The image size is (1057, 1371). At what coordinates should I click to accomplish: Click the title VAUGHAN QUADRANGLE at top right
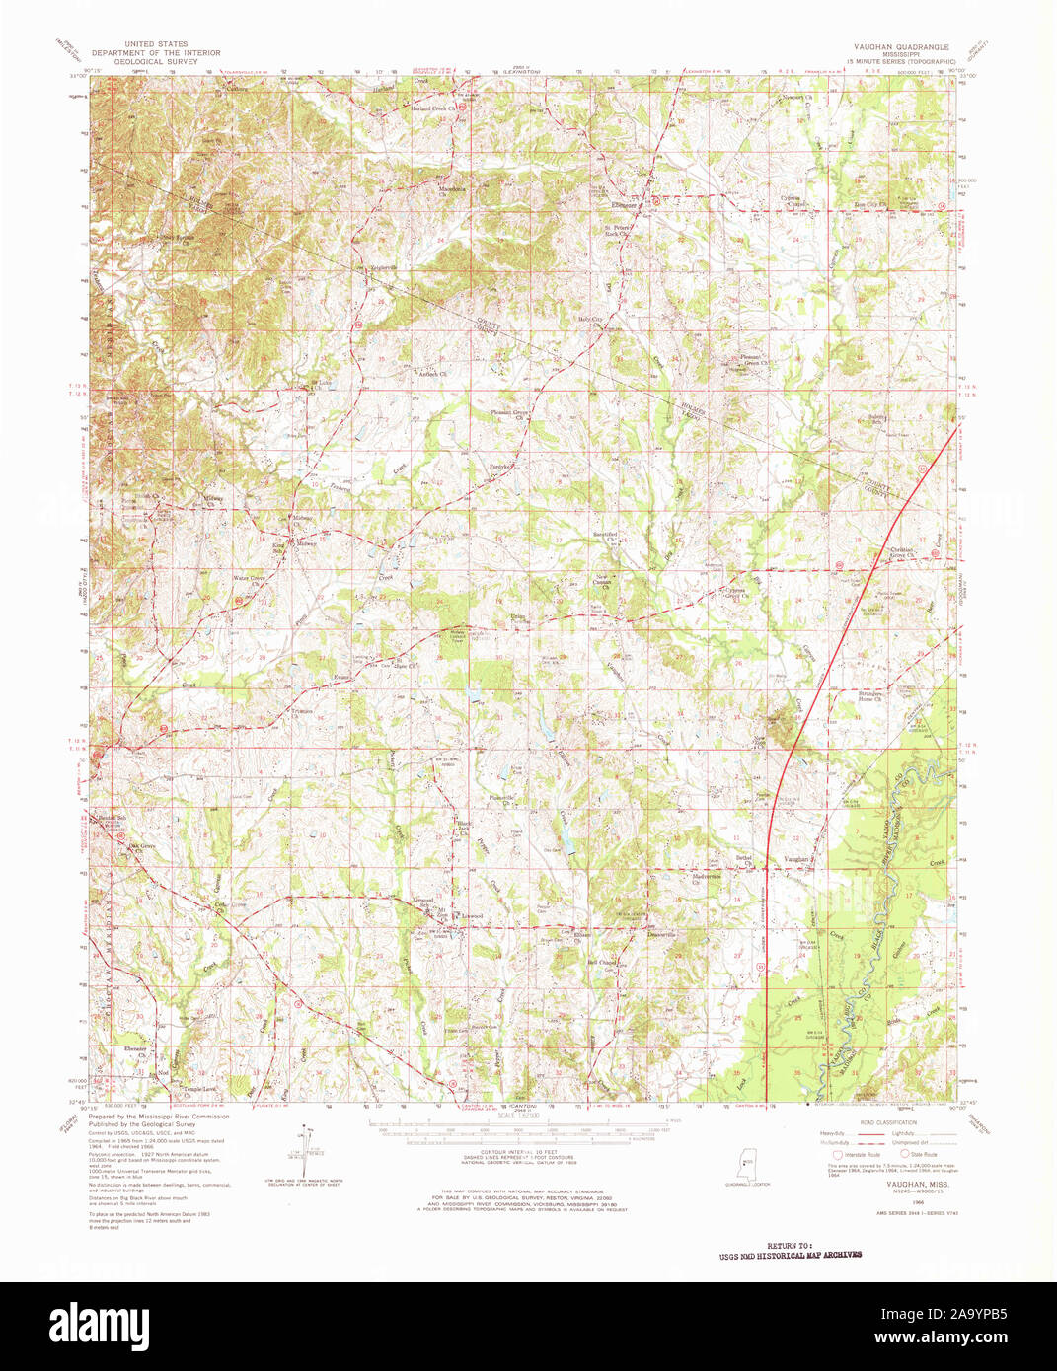[901, 46]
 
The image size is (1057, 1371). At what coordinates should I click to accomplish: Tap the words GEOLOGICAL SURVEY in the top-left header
[156, 61]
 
